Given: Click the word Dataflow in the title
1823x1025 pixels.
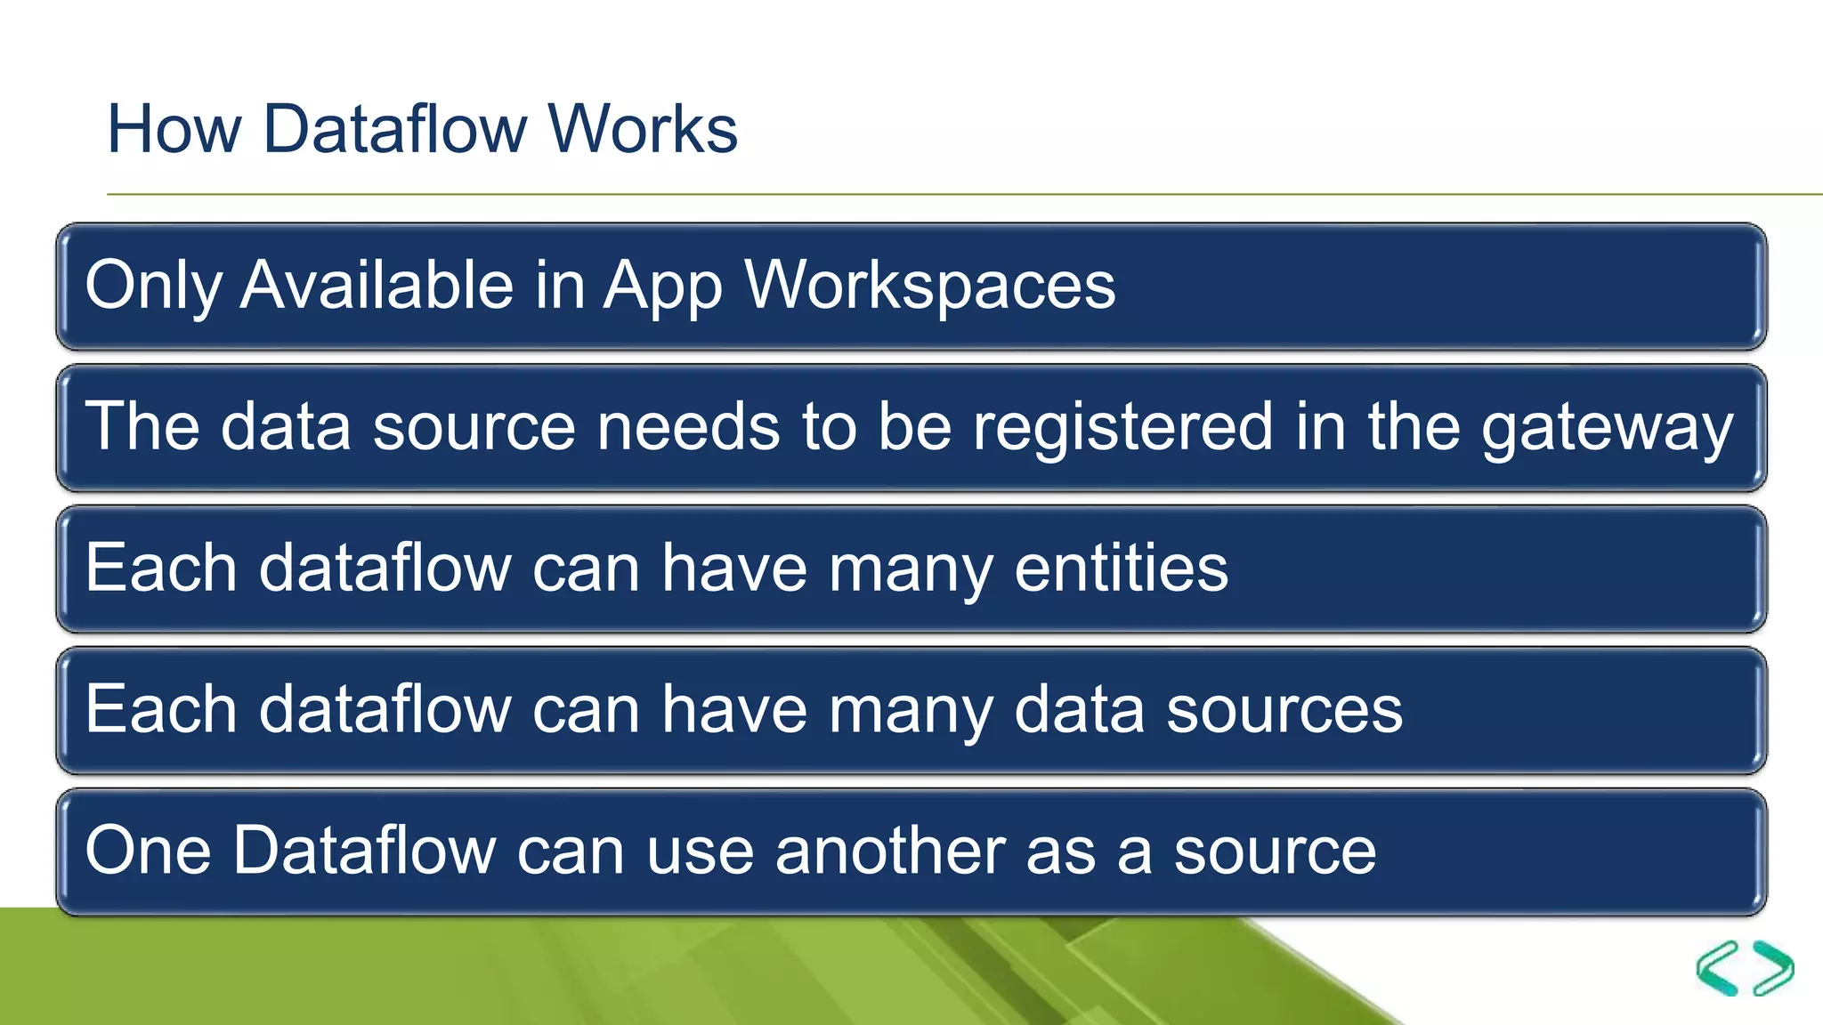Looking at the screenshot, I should point(394,129).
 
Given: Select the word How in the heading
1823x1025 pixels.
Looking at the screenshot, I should point(174,129).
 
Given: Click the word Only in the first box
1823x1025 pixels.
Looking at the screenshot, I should point(152,286).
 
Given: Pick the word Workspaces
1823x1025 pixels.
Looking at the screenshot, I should point(929,286).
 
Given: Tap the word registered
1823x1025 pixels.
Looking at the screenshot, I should point(1122,427).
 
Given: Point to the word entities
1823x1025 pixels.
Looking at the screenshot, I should point(1121,568).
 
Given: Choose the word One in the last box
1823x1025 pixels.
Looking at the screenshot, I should point(148,851).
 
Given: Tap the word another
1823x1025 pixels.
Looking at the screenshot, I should point(890,851).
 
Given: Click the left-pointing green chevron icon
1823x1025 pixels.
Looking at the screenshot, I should point(1717,968).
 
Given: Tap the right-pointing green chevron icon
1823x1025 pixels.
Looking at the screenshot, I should point(1773,968).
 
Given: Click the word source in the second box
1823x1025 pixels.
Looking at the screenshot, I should point(474,428).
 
